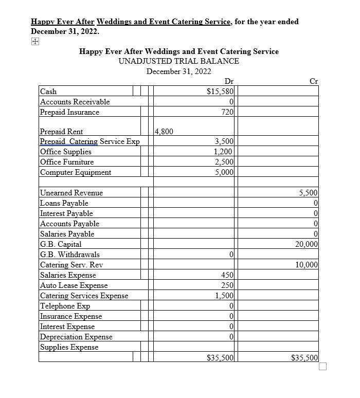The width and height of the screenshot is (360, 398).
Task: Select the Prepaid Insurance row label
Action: (x=69, y=112)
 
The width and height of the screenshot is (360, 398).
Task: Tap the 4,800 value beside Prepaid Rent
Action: (x=164, y=131)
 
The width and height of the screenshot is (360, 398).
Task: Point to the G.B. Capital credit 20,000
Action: (x=307, y=244)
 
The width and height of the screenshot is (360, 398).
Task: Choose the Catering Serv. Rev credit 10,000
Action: (x=307, y=265)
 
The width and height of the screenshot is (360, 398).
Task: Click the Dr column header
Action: (x=229, y=81)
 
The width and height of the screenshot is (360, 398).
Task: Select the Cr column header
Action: (x=314, y=81)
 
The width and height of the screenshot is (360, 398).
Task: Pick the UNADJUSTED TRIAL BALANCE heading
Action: (x=178, y=61)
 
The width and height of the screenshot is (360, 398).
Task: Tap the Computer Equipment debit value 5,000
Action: (x=224, y=172)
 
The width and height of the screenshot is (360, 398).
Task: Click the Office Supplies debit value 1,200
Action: (x=224, y=152)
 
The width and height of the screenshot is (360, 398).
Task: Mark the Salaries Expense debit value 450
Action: (x=227, y=275)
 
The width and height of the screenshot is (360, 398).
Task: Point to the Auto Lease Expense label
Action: (x=74, y=285)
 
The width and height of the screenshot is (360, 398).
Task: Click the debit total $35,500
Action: (x=220, y=357)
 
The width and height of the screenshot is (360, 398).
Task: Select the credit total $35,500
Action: (x=304, y=357)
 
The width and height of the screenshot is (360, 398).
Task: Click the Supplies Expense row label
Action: (x=69, y=347)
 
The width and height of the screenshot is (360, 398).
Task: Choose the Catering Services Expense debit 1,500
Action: (x=224, y=296)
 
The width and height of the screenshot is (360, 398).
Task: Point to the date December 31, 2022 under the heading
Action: (x=178, y=71)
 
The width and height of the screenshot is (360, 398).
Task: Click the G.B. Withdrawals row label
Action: (x=70, y=255)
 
